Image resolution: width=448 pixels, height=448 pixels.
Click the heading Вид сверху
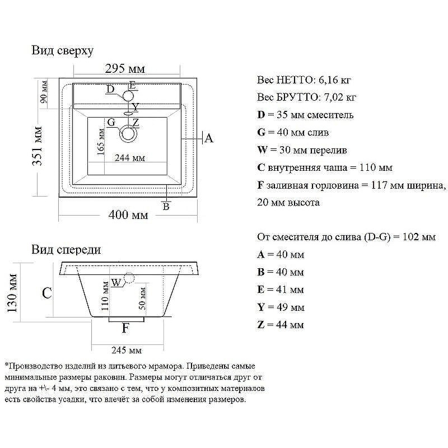click(63, 51)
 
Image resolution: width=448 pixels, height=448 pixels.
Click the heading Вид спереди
click(66, 250)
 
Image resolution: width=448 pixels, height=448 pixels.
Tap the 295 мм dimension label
click(125, 69)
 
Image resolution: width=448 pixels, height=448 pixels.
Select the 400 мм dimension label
click(128, 215)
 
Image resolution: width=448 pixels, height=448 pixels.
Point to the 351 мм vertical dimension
click(38, 146)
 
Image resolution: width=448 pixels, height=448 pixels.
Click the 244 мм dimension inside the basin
click(130, 158)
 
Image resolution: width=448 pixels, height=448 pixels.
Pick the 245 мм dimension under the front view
click(127, 351)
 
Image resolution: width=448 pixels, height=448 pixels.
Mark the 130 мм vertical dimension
click(12, 293)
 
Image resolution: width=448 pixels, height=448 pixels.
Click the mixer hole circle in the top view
click(128, 96)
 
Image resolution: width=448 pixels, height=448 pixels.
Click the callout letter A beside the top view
click(209, 138)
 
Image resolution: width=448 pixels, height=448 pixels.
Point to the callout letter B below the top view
click(166, 206)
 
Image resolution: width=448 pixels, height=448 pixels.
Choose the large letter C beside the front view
click(47, 293)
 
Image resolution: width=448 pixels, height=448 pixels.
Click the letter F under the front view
click(125, 328)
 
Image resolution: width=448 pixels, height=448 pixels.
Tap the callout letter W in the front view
click(116, 283)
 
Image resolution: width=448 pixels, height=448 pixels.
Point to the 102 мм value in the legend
click(419, 237)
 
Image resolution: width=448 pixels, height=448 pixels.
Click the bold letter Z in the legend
click(260, 325)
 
